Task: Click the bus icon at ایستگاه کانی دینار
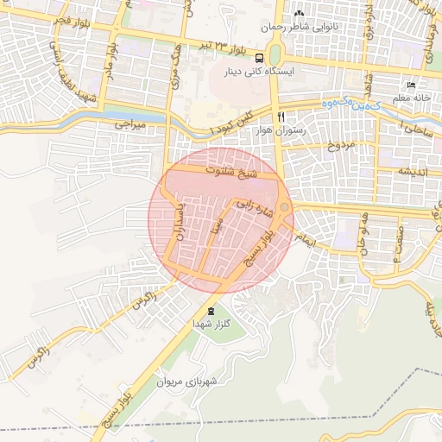click(260, 59)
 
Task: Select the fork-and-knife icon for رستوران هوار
click(281, 117)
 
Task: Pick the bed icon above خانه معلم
click(411, 85)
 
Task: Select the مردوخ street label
click(317, 144)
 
